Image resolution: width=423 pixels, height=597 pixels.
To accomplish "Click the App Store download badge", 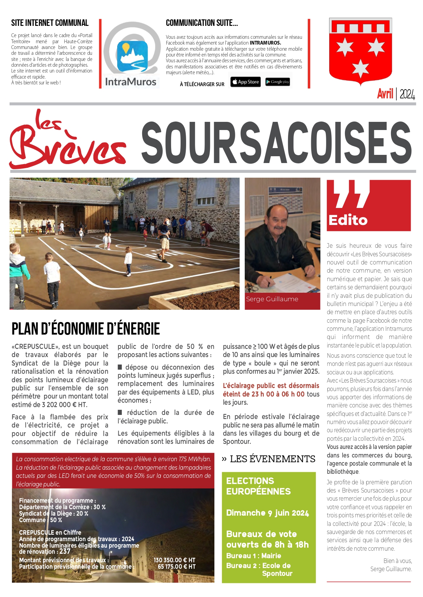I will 245,82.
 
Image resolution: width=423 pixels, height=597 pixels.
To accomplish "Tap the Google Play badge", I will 277,82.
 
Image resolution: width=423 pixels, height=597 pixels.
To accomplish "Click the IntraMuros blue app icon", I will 132,56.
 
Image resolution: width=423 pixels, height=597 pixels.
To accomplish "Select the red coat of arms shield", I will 360,51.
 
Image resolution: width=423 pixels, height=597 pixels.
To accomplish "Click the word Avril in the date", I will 385,94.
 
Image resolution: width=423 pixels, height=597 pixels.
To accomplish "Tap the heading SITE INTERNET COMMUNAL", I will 50,23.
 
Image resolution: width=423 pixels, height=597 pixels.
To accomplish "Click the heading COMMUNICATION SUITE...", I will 202,23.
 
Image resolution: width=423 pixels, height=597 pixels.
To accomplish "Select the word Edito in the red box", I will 348,220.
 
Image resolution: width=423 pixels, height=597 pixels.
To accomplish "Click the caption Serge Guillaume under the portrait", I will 272,299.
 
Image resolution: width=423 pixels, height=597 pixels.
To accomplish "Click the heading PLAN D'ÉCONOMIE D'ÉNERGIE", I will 86,329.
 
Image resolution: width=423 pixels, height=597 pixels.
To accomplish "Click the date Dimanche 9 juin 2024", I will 268,513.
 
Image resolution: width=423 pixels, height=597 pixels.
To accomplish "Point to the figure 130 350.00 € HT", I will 174,560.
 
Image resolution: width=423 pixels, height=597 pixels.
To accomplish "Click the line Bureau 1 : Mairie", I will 254,556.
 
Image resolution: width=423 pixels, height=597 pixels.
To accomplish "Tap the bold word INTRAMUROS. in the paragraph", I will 265,43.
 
